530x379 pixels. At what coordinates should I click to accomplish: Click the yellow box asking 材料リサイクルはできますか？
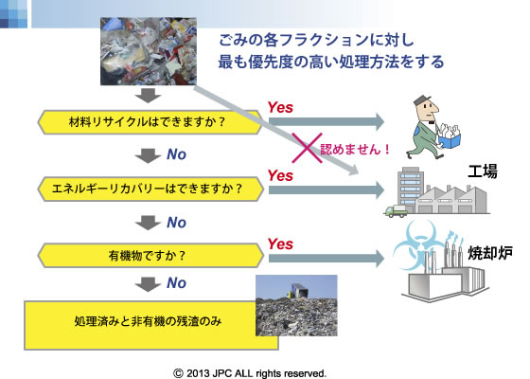(150, 122)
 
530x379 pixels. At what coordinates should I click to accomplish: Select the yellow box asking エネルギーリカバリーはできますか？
(150, 189)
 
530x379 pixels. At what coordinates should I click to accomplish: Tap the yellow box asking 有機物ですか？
(150, 255)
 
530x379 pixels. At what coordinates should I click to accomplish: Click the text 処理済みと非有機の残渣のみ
(148, 321)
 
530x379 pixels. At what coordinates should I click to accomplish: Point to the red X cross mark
(307, 148)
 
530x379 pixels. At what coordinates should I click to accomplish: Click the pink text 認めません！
(356, 149)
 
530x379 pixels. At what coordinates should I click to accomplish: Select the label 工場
(483, 171)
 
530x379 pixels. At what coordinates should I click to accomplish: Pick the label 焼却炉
(490, 252)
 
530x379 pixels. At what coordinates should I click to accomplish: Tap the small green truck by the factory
(396, 211)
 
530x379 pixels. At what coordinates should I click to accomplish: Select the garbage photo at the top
(149, 51)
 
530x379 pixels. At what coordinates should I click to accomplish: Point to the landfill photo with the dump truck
(296, 305)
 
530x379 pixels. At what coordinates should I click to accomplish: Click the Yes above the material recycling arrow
(280, 108)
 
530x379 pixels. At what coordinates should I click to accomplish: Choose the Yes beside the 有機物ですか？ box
(280, 244)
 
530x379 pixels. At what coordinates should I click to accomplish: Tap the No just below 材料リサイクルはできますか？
(176, 154)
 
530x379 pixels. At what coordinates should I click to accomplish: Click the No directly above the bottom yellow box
(176, 283)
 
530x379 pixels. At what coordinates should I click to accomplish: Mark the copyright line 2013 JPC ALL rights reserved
(250, 373)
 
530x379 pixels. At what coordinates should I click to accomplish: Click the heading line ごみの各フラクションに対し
(316, 40)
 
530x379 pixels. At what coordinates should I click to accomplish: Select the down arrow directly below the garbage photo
(148, 96)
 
